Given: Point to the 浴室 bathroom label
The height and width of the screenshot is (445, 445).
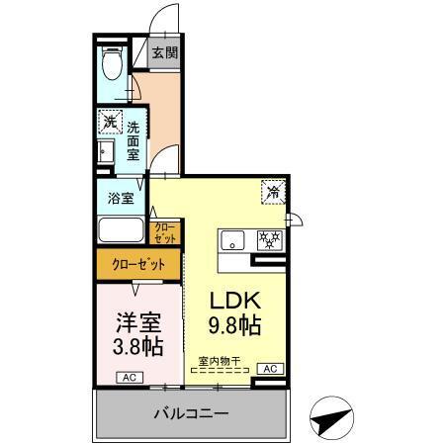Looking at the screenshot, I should click(x=122, y=196).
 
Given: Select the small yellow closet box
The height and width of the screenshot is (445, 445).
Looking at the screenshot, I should click(x=165, y=233).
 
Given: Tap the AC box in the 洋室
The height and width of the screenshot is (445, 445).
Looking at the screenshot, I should click(x=129, y=377).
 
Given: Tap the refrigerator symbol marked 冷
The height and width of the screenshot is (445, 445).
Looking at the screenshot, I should click(x=271, y=191).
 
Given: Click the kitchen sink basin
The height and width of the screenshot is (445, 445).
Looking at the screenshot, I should click(x=234, y=239).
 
